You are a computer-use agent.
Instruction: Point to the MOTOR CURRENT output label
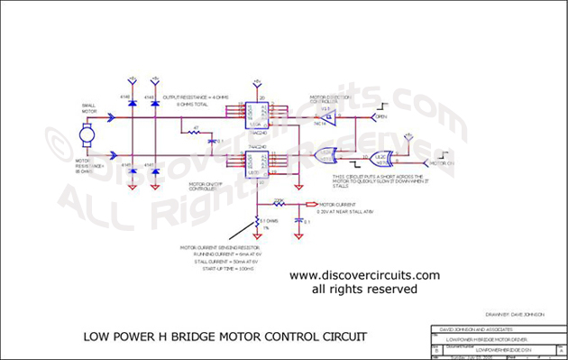click(333, 204)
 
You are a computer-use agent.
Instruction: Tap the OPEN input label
click(381, 117)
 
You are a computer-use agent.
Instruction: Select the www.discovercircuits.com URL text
click(363, 275)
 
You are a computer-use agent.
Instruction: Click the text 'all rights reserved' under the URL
click(363, 290)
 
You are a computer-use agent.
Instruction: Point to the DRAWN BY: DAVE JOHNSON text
click(511, 314)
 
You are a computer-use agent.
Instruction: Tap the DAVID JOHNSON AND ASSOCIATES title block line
click(472, 328)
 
